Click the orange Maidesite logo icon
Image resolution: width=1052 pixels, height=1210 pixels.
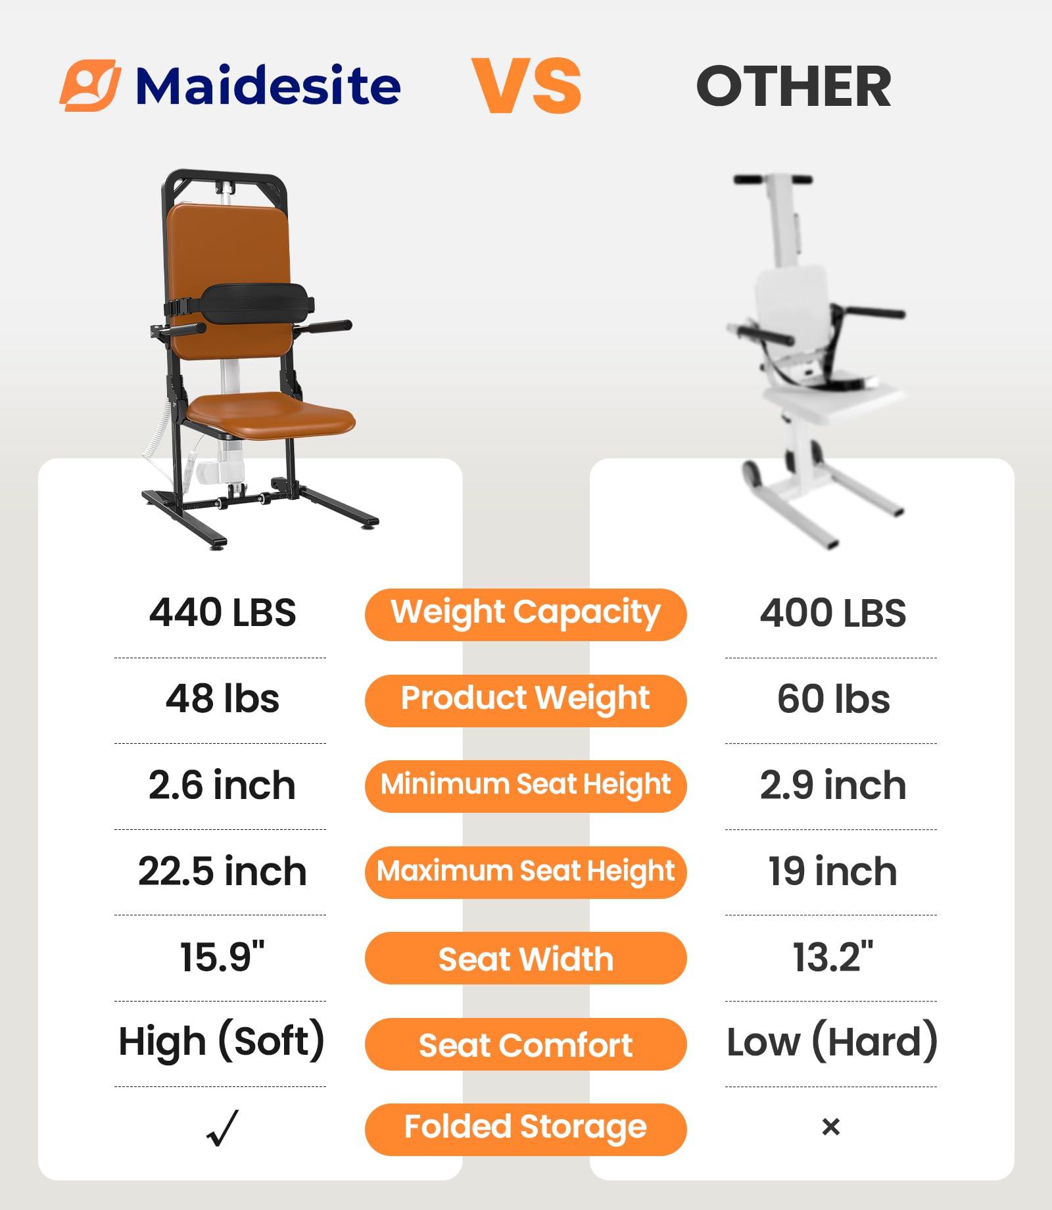pos(90,85)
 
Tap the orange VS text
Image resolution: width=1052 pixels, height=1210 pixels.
pos(527,85)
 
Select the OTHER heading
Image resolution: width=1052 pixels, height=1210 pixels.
pos(794,87)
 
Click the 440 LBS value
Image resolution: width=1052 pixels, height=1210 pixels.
pos(222,613)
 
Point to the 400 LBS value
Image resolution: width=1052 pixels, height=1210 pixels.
pos(832,613)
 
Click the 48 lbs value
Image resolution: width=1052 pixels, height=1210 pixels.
pos(222,698)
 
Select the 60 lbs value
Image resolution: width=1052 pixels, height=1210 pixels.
pos(833,698)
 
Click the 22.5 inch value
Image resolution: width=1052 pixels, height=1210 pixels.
pos(222,871)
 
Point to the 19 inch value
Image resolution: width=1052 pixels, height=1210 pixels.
pos(832,871)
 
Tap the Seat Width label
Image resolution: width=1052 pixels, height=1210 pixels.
pos(525,958)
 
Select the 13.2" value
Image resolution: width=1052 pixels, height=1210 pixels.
pos(832,957)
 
